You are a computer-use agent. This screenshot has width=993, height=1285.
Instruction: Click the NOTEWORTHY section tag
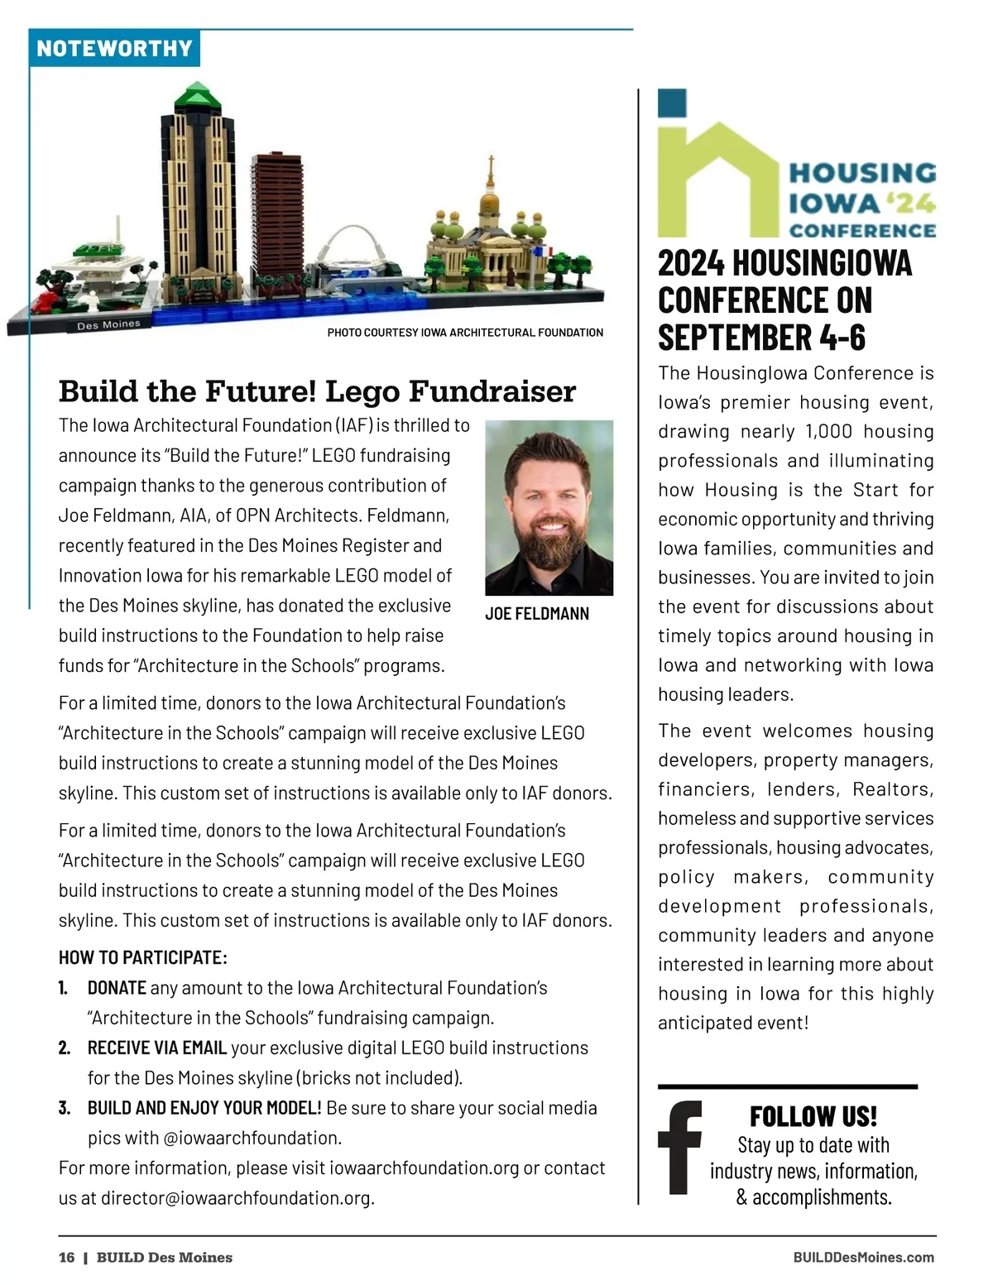tap(114, 48)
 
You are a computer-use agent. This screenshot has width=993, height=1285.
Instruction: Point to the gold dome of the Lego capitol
tap(490, 201)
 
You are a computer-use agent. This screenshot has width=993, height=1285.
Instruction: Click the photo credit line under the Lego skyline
tap(465, 333)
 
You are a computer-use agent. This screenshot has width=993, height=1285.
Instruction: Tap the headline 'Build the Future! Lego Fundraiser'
tap(317, 391)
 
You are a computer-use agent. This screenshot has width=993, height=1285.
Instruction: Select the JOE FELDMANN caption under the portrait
tap(537, 614)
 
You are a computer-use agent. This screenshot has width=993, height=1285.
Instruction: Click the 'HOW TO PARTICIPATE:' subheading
tap(142, 957)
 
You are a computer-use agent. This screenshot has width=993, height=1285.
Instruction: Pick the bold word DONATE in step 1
tap(117, 988)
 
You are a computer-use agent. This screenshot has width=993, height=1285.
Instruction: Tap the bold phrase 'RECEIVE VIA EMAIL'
tap(157, 1048)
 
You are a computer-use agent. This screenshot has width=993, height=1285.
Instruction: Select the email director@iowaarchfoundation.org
tap(236, 1198)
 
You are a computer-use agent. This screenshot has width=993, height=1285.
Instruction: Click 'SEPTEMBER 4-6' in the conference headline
tap(761, 337)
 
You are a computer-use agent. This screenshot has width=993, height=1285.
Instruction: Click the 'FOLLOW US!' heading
tap(813, 1116)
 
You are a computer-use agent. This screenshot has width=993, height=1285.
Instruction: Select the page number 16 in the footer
tap(66, 1258)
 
